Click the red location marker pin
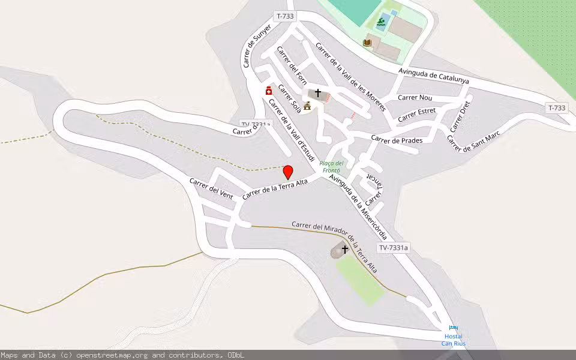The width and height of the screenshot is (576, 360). (x=288, y=172)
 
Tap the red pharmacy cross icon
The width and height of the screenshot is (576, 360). (x=269, y=91)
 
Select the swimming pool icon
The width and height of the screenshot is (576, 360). (x=381, y=24)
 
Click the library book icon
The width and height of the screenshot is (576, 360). (x=367, y=43)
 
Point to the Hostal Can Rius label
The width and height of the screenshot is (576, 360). (x=454, y=340)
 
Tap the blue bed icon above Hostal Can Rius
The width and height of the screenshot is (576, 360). (x=453, y=328)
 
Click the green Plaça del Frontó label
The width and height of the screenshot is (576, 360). (x=331, y=166)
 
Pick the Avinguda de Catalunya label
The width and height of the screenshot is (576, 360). (x=434, y=76)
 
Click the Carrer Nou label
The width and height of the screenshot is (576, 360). (x=415, y=97)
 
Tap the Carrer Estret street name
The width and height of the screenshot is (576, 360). (x=416, y=114)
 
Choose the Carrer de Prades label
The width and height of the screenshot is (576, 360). (x=397, y=140)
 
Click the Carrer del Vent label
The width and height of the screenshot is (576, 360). (x=211, y=188)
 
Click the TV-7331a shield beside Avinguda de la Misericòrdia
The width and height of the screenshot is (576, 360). (x=394, y=248)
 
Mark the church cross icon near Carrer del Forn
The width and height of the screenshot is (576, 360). (x=318, y=93)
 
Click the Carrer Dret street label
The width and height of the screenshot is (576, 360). (x=460, y=116)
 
